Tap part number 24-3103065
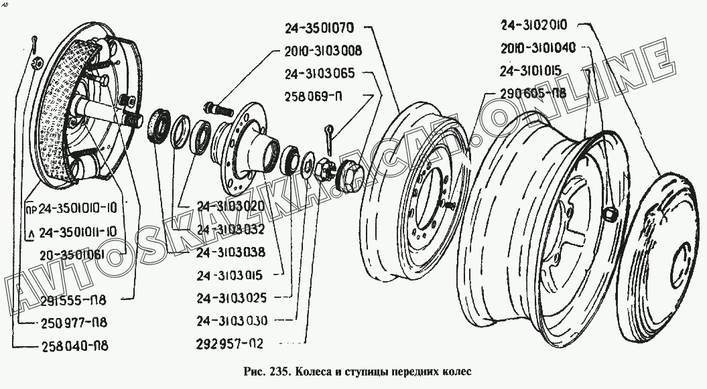[319, 73]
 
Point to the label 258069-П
[316, 96]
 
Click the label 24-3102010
[534, 26]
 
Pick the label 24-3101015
[534, 70]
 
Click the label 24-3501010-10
[77, 208]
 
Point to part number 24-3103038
[231, 252]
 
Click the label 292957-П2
[231, 344]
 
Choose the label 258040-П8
[74, 346]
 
